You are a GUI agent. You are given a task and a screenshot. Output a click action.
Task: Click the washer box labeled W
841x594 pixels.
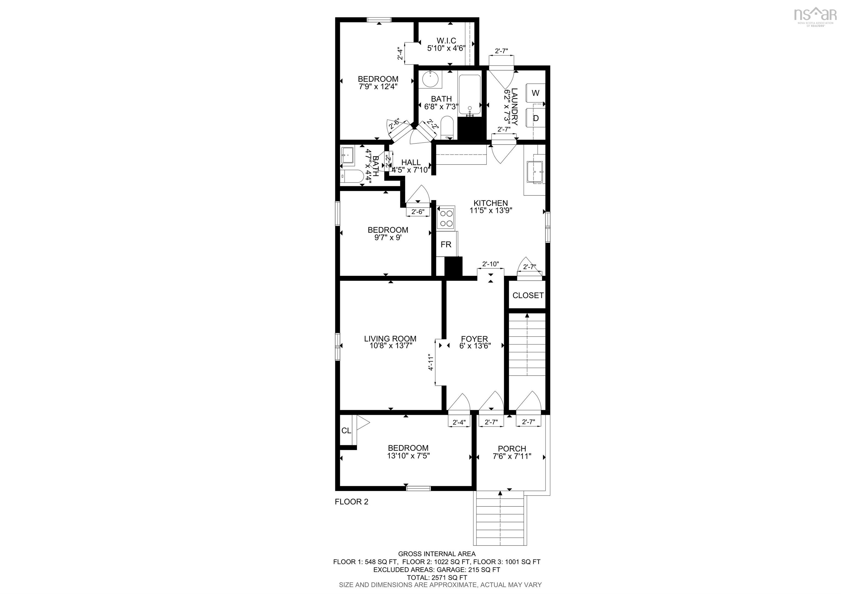coord(535,93)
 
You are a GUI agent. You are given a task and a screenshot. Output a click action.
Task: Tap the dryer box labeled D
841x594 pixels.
coord(535,118)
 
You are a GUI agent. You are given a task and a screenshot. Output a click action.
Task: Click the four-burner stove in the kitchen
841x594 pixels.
coord(446,218)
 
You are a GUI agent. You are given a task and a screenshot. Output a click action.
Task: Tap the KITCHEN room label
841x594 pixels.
coord(491,203)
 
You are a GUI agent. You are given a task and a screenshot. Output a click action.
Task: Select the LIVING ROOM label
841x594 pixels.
coord(390,339)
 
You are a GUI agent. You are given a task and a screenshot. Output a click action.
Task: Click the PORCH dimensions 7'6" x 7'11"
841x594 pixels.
coord(512,456)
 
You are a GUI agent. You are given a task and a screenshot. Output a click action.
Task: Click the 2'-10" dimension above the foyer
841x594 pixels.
coord(491,264)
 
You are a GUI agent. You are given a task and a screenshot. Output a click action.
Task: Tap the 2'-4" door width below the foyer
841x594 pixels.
coord(459,422)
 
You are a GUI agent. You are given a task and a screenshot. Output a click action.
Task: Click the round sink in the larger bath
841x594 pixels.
coord(429,79)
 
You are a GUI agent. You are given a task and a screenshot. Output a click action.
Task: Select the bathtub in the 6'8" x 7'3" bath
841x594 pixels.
coord(469,95)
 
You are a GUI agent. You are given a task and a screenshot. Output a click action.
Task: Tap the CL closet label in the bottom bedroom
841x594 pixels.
coord(346,431)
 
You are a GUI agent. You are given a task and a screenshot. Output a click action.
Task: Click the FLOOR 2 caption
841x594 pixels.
coord(351,502)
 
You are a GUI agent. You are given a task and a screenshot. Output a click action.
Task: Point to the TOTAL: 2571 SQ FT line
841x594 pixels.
coord(437,578)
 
